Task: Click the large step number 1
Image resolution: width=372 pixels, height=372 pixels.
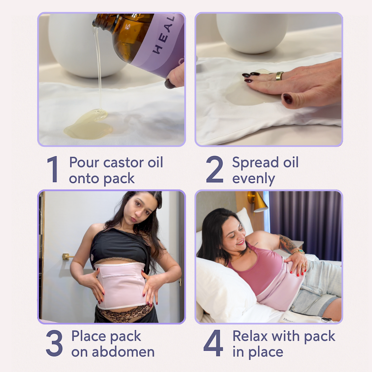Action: click(x=53, y=169)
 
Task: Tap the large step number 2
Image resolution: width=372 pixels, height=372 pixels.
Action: click(x=214, y=169)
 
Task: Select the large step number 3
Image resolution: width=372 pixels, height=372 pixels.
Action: click(x=54, y=343)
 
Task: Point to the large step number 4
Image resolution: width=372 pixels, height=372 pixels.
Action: click(x=213, y=343)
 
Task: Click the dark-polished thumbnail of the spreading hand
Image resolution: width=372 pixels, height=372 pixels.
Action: click(x=288, y=99)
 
